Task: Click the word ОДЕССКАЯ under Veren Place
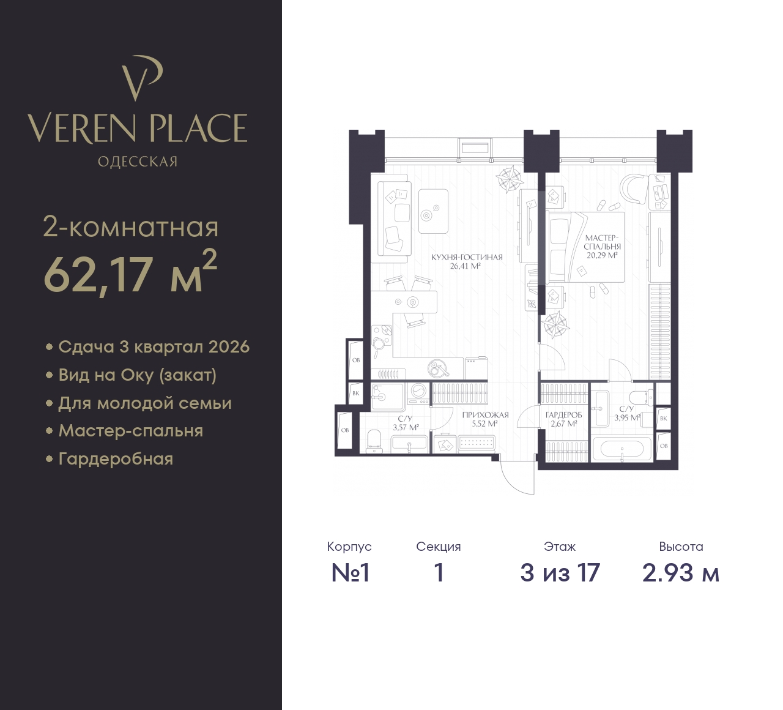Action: click(138, 162)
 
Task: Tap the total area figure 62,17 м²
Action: click(130, 273)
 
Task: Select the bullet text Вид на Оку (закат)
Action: click(138, 375)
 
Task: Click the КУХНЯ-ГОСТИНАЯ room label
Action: click(467, 257)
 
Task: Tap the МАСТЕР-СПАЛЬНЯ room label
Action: click(602, 242)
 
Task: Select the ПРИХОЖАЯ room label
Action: click(485, 415)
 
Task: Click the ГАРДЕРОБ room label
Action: click(563, 415)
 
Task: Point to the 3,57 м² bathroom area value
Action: click(406, 428)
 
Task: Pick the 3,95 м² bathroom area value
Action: click(627, 417)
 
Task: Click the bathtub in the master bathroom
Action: click(622, 449)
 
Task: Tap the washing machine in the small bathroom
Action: click(419, 394)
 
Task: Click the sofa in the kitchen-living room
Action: click(391, 219)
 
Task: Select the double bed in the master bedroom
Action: click(585, 247)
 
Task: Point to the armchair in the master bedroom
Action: click(634, 189)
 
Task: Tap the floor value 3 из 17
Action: click(560, 573)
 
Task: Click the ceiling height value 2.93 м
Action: click(681, 573)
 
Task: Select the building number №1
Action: click(350, 573)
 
